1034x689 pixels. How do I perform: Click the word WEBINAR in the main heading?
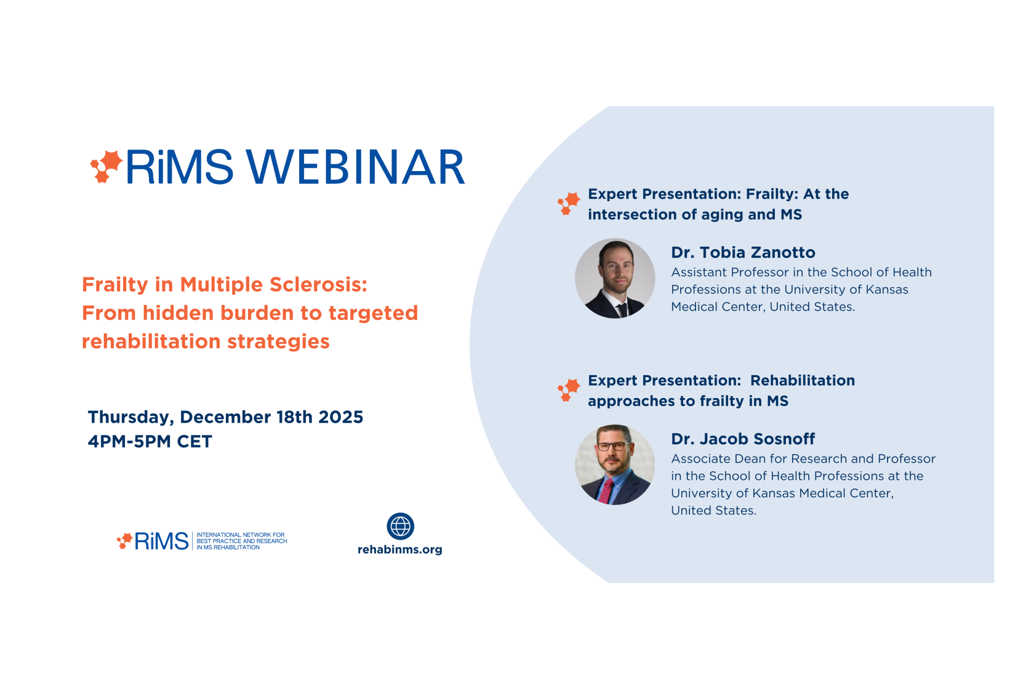click(x=356, y=167)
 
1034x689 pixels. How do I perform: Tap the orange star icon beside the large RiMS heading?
click(x=106, y=166)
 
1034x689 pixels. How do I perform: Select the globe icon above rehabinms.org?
click(x=400, y=526)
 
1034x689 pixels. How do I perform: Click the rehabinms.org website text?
click(x=400, y=549)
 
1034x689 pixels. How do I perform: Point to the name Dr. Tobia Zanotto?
click(x=743, y=252)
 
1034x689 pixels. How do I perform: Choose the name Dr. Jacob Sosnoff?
click(x=743, y=439)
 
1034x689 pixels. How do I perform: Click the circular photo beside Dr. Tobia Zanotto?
click(x=615, y=278)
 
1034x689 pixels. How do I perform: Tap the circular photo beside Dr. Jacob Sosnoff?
click(x=615, y=464)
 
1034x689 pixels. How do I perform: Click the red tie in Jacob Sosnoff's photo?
click(x=606, y=492)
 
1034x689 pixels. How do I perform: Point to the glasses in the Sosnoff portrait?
click(x=612, y=446)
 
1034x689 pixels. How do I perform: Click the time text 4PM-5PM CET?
click(x=150, y=442)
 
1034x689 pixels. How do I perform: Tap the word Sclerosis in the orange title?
click(x=319, y=285)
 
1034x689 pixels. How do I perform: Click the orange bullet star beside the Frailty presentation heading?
click(x=569, y=204)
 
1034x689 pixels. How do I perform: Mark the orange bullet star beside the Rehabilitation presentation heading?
click(x=569, y=390)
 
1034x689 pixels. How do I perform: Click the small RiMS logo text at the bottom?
click(x=161, y=541)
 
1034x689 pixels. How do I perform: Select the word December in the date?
click(x=225, y=417)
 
